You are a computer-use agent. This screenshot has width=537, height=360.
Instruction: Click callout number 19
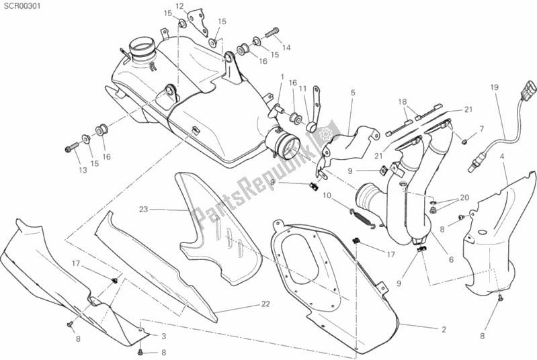click(494, 87)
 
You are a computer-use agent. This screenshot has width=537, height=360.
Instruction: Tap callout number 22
click(266, 304)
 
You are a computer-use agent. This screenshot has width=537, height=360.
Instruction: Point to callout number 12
click(179, 6)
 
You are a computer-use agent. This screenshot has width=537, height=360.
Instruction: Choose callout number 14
click(286, 47)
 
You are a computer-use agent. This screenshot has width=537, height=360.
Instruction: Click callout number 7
click(481, 128)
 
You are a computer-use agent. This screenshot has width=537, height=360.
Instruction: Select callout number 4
click(502, 156)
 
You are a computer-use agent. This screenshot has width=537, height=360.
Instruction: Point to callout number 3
click(163, 335)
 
